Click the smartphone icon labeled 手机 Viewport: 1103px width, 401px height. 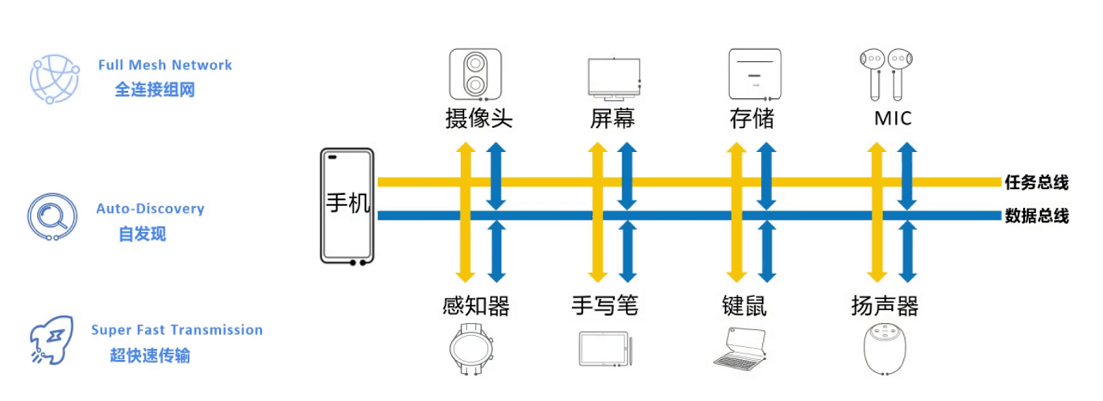pyautogui.click(x=347, y=206)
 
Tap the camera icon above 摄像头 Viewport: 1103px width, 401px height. pyautogui.click(x=475, y=74)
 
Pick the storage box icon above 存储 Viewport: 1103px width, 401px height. pyautogui.click(x=754, y=74)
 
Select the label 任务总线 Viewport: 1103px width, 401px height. pyautogui.click(x=1036, y=183)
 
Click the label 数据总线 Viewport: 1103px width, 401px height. pyautogui.click(x=1036, y=216)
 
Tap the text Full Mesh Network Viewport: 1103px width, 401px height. pyautogui.click(x=165, y=65)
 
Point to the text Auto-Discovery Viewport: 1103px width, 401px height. pyautogui.click(x=151, y=209)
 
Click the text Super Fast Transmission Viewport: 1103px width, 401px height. pyautogui.click(x=176, y=329)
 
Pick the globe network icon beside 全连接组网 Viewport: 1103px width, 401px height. pyautogui.click(x=54, y=79)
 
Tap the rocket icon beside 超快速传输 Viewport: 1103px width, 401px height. pyautogui.click(x=52, y=341)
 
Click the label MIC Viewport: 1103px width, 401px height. pyautogui.click(x=893, y=119)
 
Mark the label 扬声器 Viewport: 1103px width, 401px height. pyautogui.click(x=885, y=306)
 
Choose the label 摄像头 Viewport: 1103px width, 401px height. pyautogui.click(x=479, y=119)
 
